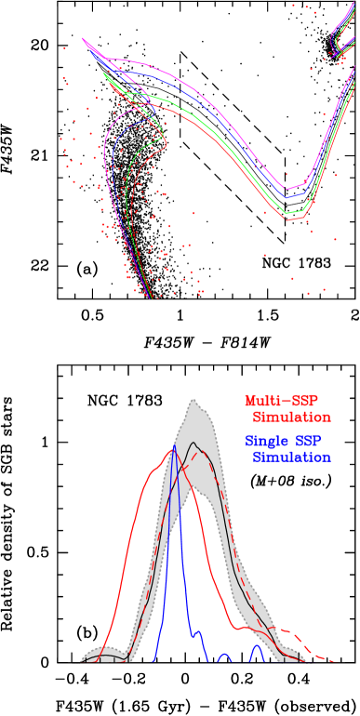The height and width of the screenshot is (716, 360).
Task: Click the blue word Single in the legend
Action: tap(263, 442)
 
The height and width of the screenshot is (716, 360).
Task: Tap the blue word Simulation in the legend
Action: tap(291, 457)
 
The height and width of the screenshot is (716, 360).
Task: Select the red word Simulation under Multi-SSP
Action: tap(291, 417)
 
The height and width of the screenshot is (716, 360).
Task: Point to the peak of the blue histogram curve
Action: tap(174, 445)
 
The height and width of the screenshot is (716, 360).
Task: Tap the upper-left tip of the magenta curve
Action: tap(83, 39)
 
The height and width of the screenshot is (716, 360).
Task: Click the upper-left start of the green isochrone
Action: tap(104, 74)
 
